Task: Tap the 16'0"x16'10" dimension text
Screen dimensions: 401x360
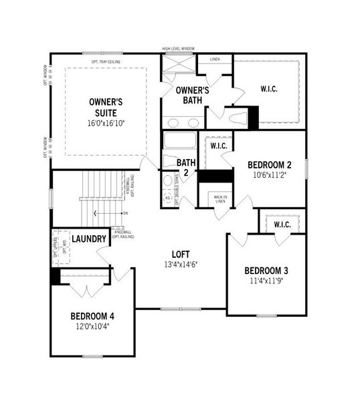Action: click(106, 124)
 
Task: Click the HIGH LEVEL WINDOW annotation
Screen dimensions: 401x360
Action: click(179, 49)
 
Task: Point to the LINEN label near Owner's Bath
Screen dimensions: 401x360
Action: click(214, 59)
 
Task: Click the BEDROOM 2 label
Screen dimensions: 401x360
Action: click(269, 165)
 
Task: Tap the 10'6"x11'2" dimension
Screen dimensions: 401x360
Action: click(269, 175)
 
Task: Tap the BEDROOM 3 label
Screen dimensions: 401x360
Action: click(266, 271)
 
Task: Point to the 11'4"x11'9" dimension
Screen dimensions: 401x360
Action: click(266, 281)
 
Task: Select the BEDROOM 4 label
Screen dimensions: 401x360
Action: click(93, 316)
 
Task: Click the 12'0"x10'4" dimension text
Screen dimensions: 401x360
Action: click(93, 326)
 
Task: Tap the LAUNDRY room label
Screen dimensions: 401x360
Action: click(89, 239)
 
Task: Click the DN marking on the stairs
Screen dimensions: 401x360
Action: click(125, 213)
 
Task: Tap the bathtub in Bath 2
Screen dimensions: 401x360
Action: click(179, 142)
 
